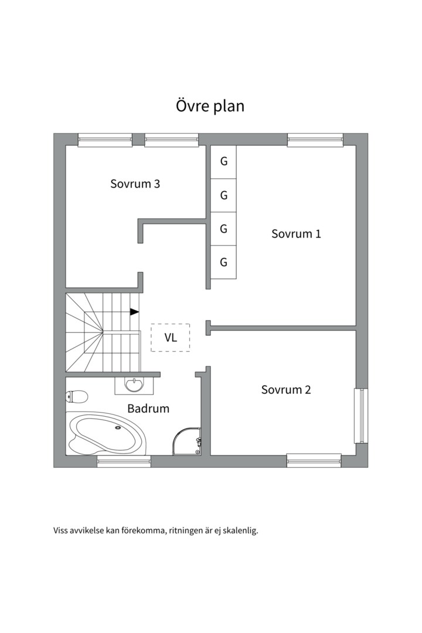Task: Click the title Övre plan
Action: click(x=210, y=106)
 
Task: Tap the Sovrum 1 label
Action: click(x=296, y=234)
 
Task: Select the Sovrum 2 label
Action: click(x=286, y=390)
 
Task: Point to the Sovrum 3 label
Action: click(x=135, y=183)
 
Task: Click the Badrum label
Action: click(x=148, y=409)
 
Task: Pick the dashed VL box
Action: click(x=171, y=338)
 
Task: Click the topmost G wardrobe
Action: click(x=223, y=162)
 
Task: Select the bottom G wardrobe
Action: click(x=223, y=263)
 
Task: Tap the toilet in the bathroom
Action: click(x=77, y=396)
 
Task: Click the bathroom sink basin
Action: click(x=134, y=384)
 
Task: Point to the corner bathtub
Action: click(x=107, y=434)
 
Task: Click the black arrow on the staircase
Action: click(x=134, y=312)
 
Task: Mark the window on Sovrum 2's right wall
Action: click(x=362, y=416)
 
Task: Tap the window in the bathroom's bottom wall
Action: click(x=124, y=461)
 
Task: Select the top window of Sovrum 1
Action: click(x=315, y=139)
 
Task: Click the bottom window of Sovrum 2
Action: click(x=314, y=461)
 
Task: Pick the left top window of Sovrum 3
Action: click(x=105, y=139)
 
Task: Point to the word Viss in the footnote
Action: click(x=60, y=530)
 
